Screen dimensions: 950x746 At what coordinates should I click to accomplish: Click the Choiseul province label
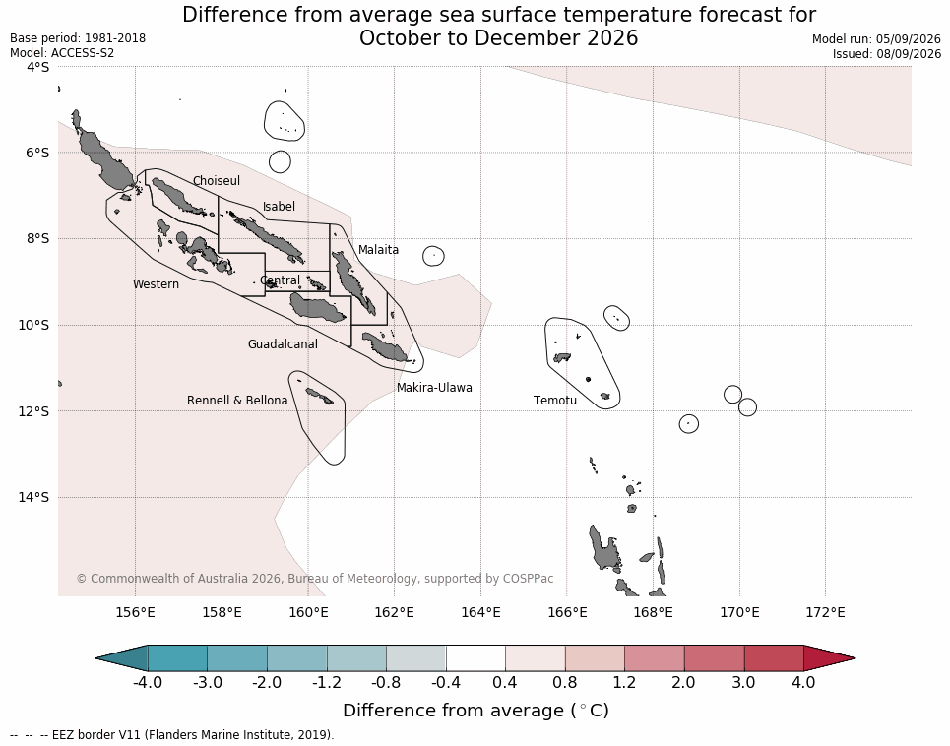pyautogui.click(x=217, y=180)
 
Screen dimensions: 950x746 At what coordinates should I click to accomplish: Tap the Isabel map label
pyautogui.click(x=279, y=207)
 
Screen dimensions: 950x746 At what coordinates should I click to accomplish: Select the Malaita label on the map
pyautogui.click(x=378, y=249)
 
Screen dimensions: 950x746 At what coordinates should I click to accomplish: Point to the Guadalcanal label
pyautogui.click(x=283, y=343)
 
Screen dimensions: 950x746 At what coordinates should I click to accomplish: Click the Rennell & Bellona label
pyautogui.click(x=237, y=401)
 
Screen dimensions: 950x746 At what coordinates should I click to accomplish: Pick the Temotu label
pyautogui.click(x=555, y=401)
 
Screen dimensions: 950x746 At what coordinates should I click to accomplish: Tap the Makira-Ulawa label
pyautogui.click(x=434, y=388)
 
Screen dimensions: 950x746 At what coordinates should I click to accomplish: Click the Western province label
pyautogui.click(x=156, y=284)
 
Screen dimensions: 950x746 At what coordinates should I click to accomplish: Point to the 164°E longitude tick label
pyautogui.click(x=480, y=612)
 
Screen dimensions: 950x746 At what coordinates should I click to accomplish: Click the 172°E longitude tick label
pyautogui.click(x=825, y=612)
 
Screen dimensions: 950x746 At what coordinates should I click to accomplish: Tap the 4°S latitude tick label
pyautogui.click(x=37, y=67)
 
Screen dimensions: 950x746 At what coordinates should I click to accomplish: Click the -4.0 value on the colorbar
pyautogui.click(x=148, y=682)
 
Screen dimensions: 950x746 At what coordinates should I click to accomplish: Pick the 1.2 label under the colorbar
pyautogui.click(x=624, y=682)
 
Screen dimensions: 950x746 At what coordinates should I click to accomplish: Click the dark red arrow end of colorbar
pyautogui.click(x=829, y=658)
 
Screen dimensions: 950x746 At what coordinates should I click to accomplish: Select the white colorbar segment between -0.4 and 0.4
pyautogui.click(x=475, y=658)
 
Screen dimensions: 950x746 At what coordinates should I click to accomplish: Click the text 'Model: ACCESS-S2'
pyautogui.click(x=62, y=53)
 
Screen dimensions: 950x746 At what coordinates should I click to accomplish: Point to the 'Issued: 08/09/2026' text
pyautogui.click(x=886, y=53)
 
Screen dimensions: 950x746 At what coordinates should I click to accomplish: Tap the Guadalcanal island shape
pyautogui.click(x=317, y=307)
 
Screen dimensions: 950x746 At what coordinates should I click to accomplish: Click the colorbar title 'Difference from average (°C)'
pyautogui.click(x=475, y=711)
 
